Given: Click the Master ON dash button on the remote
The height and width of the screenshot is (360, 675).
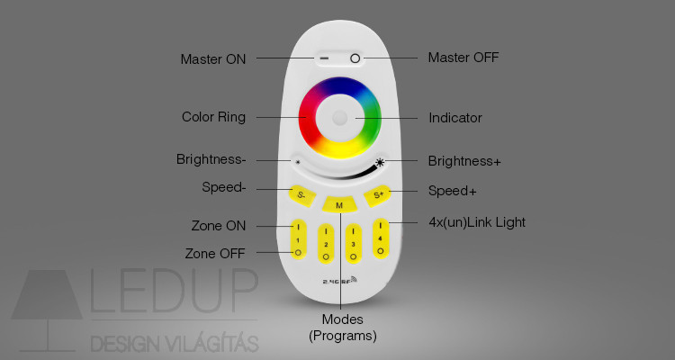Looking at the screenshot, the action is tap(324, 58).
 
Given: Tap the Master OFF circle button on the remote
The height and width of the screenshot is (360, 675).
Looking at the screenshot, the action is tap(355, 58).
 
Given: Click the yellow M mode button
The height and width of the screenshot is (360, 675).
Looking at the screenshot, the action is tap(339, 204).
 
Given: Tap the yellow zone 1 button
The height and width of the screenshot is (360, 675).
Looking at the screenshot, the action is tap(298, 239).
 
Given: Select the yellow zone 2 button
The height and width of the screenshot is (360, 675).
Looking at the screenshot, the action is tap(326, 243).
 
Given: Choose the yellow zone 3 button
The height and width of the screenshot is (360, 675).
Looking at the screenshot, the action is tap(354, 243).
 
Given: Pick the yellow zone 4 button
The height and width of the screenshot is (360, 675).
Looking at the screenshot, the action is tap(381, 238).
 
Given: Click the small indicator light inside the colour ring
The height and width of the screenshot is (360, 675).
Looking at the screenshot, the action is tap(339, 118).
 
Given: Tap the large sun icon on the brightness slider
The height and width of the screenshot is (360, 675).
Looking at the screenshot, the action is tap(379, 162).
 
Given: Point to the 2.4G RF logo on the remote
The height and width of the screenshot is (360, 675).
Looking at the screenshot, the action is tap(339, 280).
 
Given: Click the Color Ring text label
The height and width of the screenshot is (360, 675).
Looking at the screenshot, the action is tap(213, 117).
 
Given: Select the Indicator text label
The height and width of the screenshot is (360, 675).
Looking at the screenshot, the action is tap(455, 118).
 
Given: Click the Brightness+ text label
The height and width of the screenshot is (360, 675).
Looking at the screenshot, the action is tap(464, 161).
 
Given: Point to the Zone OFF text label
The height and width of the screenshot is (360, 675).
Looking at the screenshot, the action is tap(215, 253).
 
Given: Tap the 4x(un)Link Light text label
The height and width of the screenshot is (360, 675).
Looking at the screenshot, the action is tap(477, 222).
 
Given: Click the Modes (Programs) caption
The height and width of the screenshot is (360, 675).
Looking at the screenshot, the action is tap(343, 328).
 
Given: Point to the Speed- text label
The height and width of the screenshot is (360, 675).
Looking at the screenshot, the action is tap(224, 187).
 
